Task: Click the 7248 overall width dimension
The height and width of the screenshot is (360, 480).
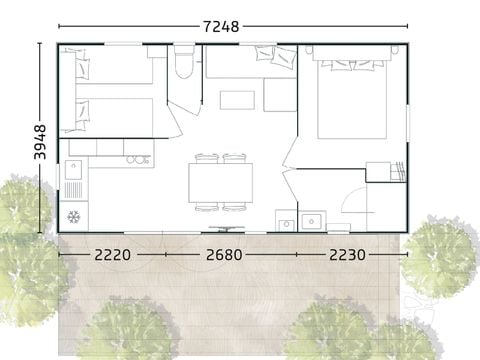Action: pos(221,26)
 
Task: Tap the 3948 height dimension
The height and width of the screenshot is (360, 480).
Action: pos(40,142)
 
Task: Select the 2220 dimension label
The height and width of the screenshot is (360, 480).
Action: pos(113,255)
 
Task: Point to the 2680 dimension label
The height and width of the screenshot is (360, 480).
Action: pos(224,255)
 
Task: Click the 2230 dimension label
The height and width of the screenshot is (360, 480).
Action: pos(347,255)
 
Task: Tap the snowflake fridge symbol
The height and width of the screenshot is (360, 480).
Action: pos(74,217)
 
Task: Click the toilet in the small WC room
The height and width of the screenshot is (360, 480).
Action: pos(184,62)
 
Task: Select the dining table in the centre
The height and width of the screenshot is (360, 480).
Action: pos(221,183)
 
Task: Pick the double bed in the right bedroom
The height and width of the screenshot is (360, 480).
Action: pos(352,97)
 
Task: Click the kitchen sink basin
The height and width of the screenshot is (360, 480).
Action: pos(73,169)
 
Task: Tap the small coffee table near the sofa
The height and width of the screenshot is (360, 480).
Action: pos(237,100)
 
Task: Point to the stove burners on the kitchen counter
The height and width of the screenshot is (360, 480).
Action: pos(137,160)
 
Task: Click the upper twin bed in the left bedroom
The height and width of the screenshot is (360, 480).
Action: pos(114,65)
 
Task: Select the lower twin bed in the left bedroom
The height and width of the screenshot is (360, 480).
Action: pos(114,118)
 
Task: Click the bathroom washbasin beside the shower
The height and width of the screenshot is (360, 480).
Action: pos(312,221)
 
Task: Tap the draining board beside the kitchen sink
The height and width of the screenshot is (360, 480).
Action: pos(73,190)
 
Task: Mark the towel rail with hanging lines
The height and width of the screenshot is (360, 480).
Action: pos(399,171)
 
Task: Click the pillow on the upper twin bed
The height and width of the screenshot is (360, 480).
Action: pos(83,68)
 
